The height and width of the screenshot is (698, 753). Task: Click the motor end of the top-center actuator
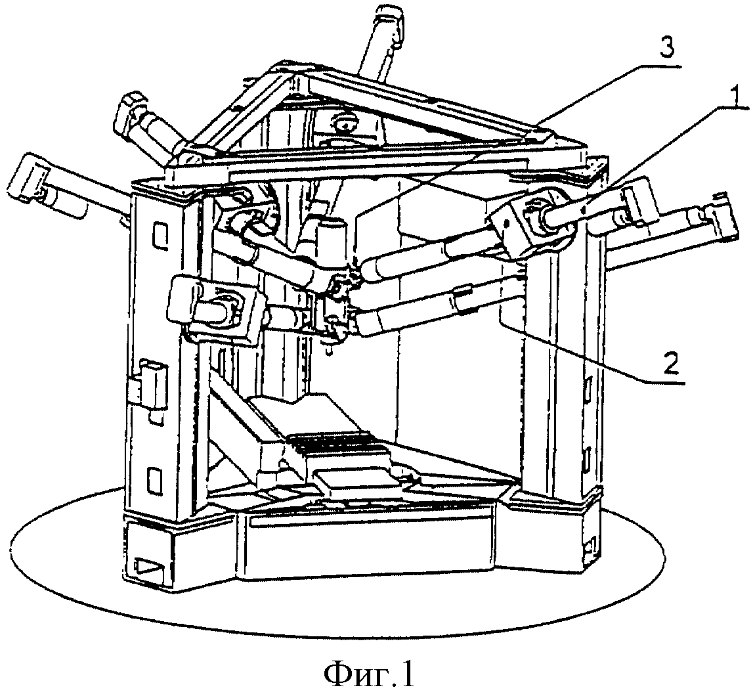[x=389, y=19]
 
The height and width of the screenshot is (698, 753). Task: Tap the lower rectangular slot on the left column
[x=154, y=481]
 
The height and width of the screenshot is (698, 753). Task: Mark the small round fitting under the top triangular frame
[x=344, y=124]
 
